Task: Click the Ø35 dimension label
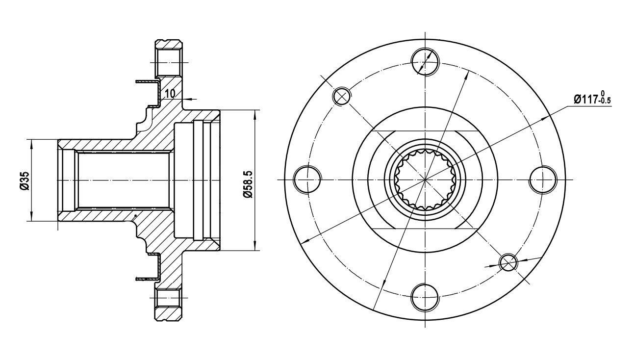tap(25, 180)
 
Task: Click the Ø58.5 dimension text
tap(248, 184)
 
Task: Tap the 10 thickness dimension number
tap(170, 93)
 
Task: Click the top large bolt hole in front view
tap(425, 62)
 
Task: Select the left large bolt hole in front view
tap(307, 180)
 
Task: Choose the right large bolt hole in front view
tap(543, 180)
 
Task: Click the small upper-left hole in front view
tap(342, 96)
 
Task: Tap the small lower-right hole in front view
tap(508, 262)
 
